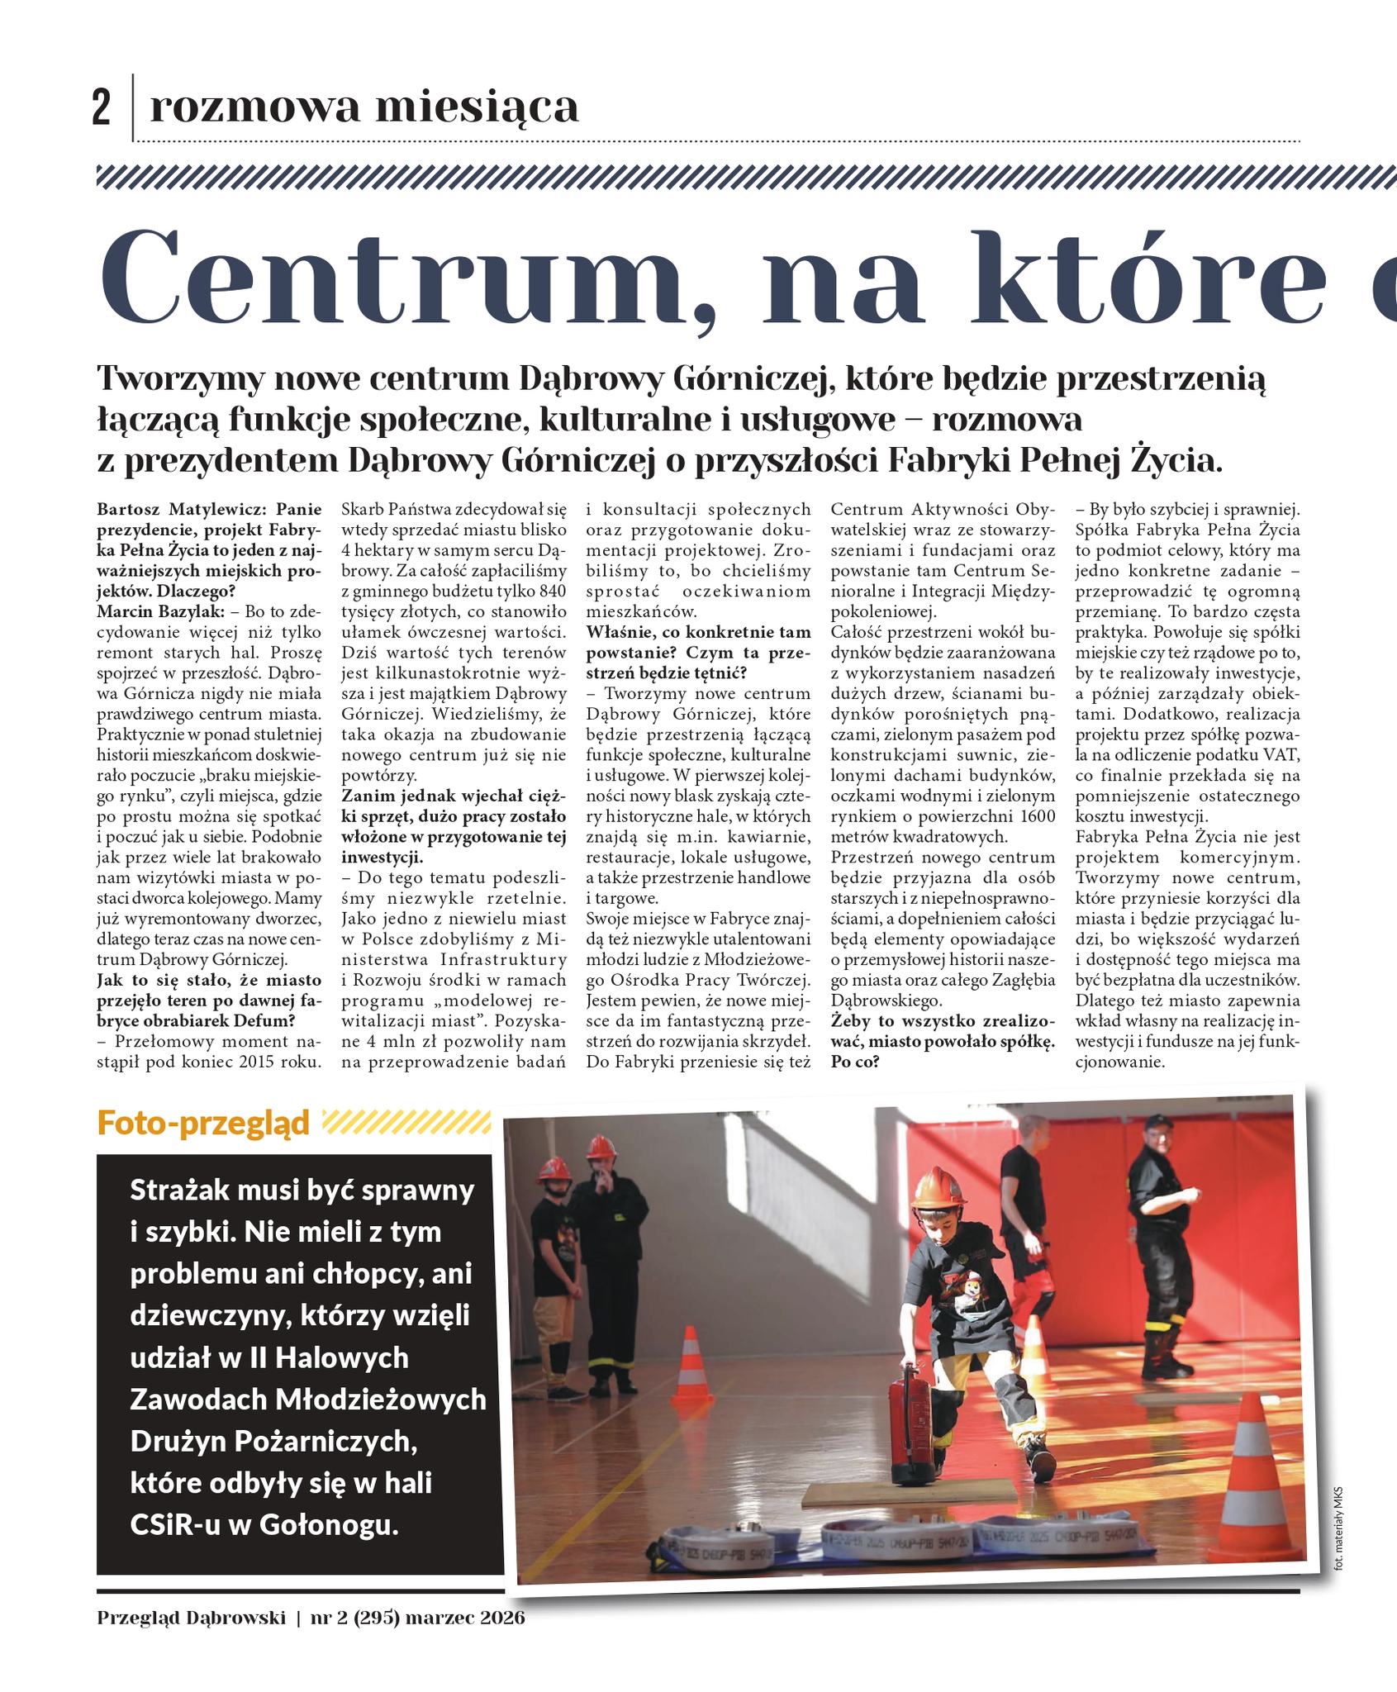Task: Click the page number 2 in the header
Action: click(101, 108)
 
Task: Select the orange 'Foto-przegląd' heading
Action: click(203, 1123)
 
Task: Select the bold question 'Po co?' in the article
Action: click(855, 1062)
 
